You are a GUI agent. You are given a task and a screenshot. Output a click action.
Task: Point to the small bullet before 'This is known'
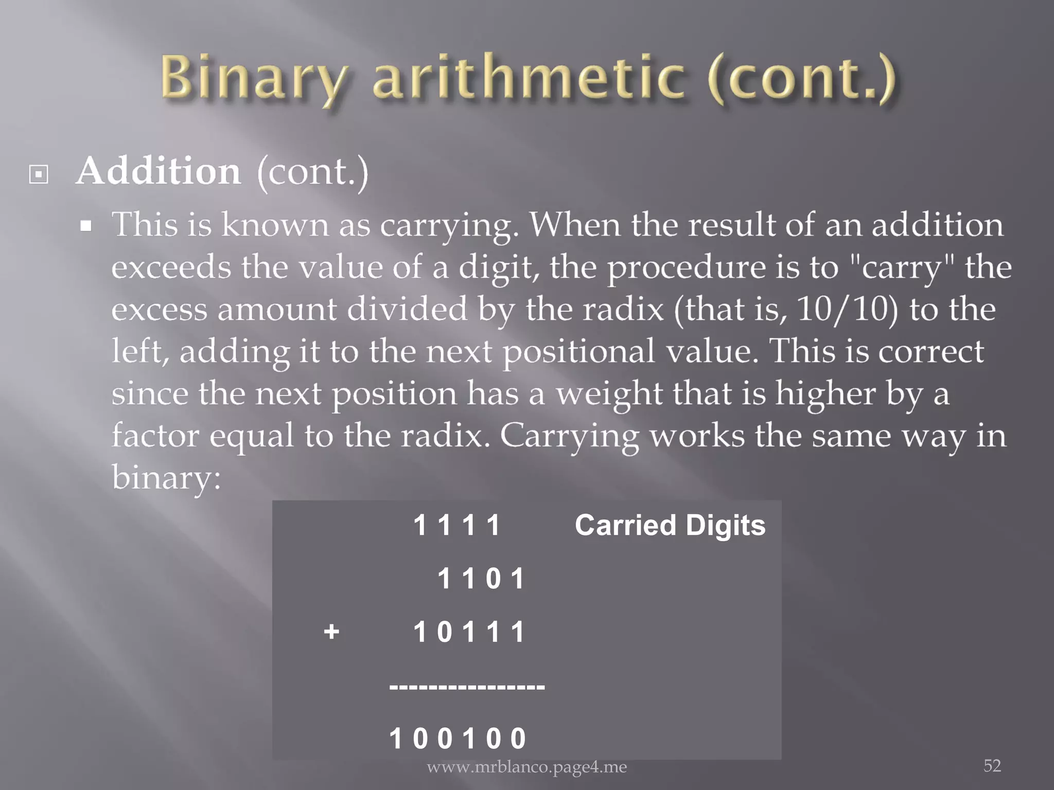tap(86, 226)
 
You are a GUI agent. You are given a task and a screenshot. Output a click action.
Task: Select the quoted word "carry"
tap(902, 267)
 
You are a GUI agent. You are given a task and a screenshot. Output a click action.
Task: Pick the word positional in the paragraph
tap(578, 352)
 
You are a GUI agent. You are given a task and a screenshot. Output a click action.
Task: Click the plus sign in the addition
tap(331, 631)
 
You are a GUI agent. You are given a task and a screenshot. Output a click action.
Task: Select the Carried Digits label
tap(670, 525)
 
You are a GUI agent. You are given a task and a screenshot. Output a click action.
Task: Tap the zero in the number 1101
tap(493, 579)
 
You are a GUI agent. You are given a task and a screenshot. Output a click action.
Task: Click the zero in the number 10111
tap(444, 632)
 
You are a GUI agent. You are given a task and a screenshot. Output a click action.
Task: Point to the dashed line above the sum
tap(467, 686)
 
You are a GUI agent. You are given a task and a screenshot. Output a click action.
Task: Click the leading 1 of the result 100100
tap(395, 739)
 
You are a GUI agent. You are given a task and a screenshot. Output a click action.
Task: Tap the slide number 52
tap(992, 766)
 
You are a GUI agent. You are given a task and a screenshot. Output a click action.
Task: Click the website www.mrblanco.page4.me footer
tap(526, 767)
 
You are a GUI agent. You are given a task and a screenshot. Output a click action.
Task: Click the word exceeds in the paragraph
tap(171, 267)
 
